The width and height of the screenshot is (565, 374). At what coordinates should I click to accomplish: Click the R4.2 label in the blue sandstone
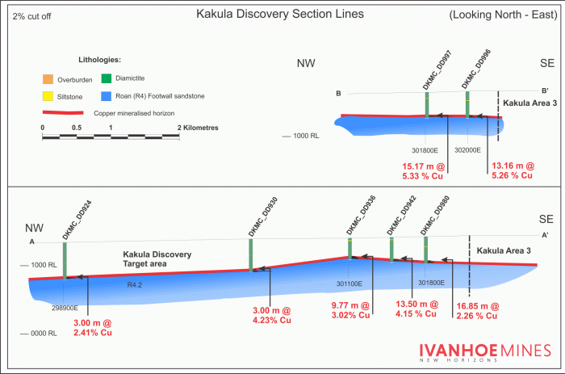pos(134,284)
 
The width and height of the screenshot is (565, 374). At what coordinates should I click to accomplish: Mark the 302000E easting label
pos(467,149)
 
